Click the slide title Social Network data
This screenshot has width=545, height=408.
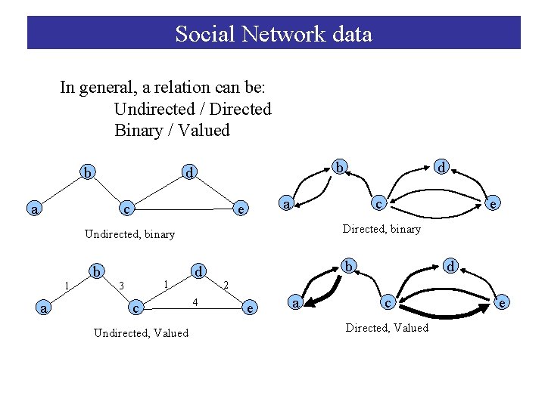coord(273,34)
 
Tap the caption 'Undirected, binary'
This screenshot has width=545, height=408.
coord(129,234)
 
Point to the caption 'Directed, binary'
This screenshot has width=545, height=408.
coord(381,229)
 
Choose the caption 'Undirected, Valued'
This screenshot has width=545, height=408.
coord(141,332)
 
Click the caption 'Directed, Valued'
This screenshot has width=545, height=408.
coord(387,328)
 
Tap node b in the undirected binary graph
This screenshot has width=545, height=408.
coord(89,174)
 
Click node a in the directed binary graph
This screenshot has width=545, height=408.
coord(285,203)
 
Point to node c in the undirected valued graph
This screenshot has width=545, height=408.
coord(135,308)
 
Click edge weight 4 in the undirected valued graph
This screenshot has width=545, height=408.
coord(195,302)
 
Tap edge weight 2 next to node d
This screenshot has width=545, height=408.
coord(226,285)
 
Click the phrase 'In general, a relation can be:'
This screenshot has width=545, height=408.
coord(162,87)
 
